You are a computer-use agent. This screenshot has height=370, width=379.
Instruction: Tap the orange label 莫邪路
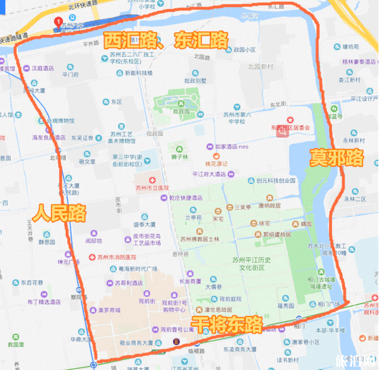click(336, 158)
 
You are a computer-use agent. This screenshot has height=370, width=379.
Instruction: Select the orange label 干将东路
click(228, 324)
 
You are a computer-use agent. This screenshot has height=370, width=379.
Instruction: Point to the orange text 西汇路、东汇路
click(165, 41)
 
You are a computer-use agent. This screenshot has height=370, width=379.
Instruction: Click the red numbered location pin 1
click(58, 22)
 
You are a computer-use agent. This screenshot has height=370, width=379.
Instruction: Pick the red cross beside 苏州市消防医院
click(91, 257)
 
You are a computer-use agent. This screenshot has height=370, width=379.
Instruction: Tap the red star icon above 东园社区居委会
click(290, 119)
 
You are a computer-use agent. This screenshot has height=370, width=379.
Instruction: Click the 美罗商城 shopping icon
click(84, 310)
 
